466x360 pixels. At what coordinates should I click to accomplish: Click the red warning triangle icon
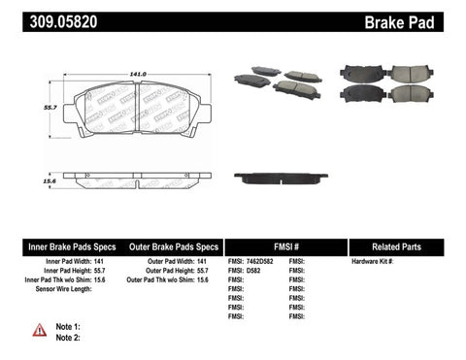(38, 331)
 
